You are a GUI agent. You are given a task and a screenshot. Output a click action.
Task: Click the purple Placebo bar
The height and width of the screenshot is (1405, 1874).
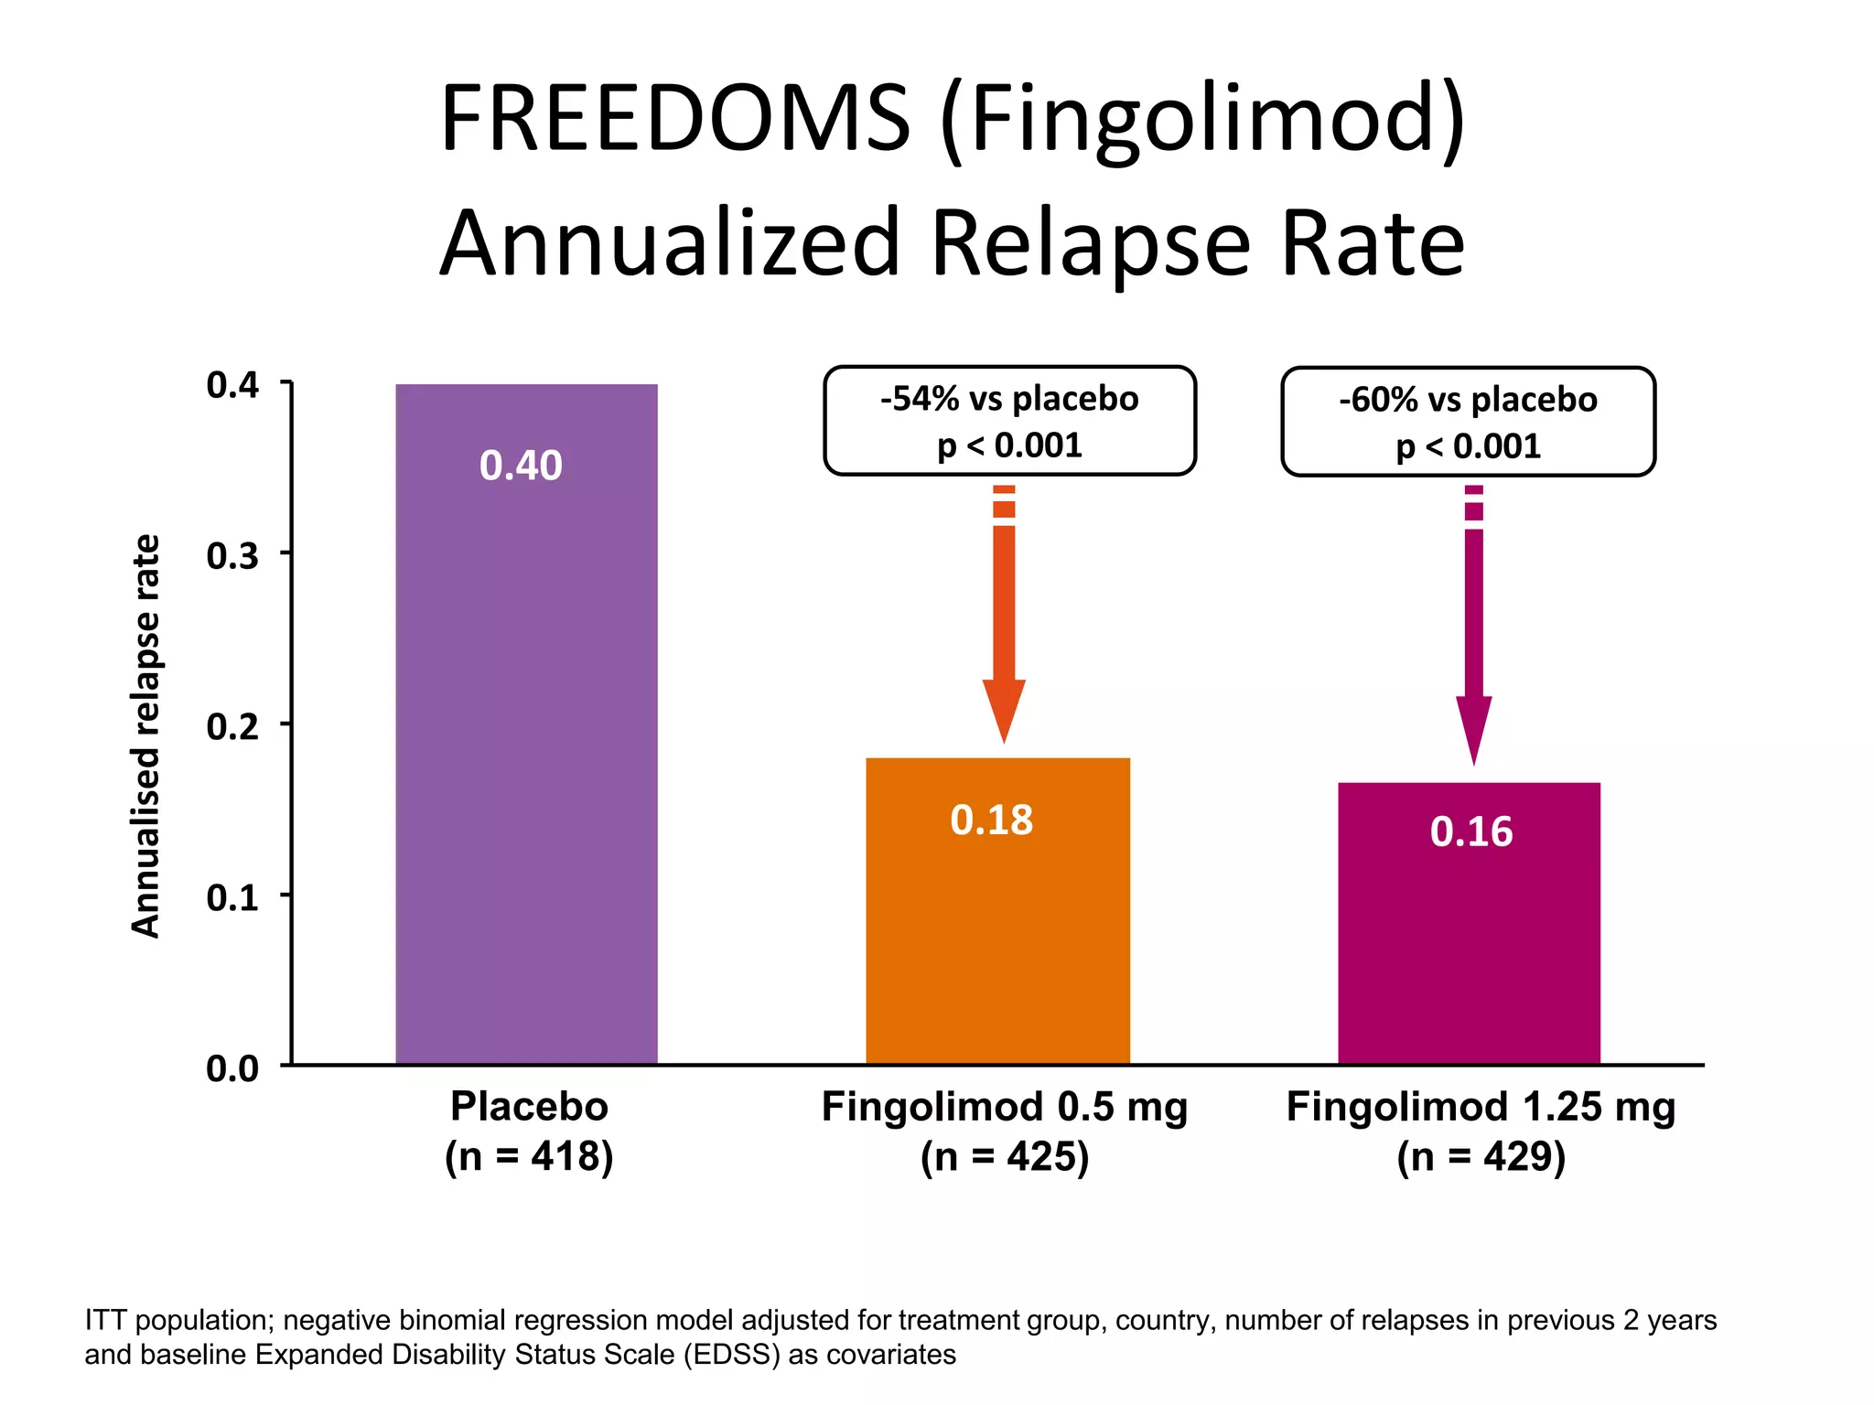click(x=526, y=732)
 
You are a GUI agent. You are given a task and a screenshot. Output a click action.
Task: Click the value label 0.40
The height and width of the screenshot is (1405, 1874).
click(x=521, y=466)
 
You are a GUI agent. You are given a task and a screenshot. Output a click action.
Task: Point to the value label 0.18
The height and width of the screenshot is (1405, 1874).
click(x=991, y=820)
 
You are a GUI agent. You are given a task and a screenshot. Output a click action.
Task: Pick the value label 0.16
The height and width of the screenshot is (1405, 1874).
click(x=1470, y=831)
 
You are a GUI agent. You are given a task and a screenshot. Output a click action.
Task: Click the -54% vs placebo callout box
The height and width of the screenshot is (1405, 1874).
click(x=1009, y=421)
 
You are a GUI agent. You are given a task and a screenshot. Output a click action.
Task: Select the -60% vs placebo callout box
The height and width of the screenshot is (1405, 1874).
click(x=1468, y=422)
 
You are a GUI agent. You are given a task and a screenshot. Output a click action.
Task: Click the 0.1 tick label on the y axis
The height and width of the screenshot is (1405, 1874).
click(x=232, y=897)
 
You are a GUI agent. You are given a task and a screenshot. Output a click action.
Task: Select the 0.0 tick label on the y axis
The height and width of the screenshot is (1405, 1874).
click(x=232, y=1067)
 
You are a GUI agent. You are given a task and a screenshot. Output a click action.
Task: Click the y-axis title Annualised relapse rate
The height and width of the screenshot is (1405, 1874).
click(x=146, y=736)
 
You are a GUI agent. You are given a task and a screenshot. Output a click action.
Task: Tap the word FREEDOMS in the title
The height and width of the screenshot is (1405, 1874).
click(x=675, y=119)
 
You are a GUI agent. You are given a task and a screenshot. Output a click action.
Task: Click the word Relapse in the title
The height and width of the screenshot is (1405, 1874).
click(x=1090, y=243)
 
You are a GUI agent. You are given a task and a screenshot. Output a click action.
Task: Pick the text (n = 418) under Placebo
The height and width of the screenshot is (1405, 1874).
click(x=529, y=1156)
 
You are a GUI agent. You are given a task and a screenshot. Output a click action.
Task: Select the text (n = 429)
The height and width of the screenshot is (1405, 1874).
click(x=1481, y=1156)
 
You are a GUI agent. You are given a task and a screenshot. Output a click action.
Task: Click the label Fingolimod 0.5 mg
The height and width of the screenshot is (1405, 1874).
click(x=1004, y=1107)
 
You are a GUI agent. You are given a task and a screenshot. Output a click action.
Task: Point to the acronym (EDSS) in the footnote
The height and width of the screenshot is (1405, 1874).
click(x=732, y=1355)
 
